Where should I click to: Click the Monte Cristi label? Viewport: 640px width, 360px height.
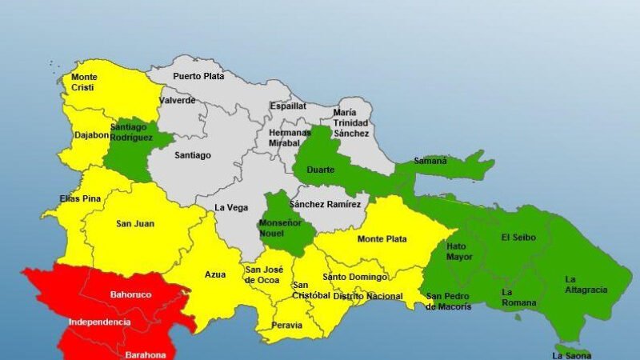(x=84, y=83)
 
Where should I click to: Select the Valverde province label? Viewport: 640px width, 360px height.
(x=177, y=101)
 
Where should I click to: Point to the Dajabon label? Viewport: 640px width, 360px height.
(x=90, y=135)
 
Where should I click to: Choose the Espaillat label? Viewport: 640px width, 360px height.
(x=287, y=106)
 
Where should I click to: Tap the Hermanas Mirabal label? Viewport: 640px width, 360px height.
(x=289, y=138)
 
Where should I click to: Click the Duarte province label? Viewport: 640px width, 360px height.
(x=320, y=170)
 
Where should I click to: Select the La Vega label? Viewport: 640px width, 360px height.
(x=230, y=207)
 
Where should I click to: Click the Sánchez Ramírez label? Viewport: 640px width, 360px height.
(x=326, y=205)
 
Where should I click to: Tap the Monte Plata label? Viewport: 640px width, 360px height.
(x=382, y=239)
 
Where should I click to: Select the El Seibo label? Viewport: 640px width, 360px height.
(x=518, y=238)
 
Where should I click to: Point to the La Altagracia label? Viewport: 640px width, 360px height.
(x=586, y=284)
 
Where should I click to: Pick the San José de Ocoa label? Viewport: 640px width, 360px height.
(x=264, y=274)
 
